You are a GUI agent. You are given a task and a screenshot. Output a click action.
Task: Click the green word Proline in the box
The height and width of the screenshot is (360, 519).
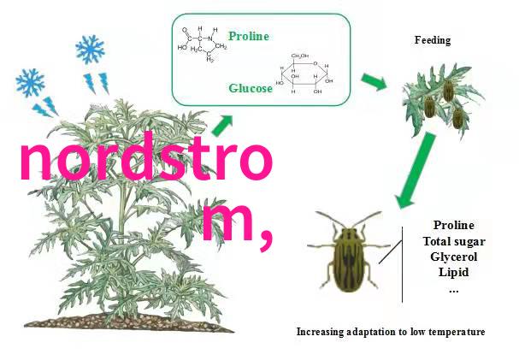pyautogui.click(x=249, y=36)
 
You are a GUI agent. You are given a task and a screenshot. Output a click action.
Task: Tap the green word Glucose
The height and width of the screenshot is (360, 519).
pyautogui.click(x=251, y=88)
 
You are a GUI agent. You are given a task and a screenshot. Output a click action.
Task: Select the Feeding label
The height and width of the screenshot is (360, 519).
pyautogui.click(x=433, y=40)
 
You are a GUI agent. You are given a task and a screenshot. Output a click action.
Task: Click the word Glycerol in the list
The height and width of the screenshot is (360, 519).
pyautogui.click(x=454, y=257)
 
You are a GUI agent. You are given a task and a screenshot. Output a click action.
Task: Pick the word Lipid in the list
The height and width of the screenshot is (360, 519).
pyautogui.click(x=454, y=272)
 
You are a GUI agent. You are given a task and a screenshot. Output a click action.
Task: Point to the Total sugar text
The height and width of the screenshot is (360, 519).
pyautogui.click(x=454, y=241)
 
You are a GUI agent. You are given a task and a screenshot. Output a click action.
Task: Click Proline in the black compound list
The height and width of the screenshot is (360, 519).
pyautogui.click(x=454, y=226)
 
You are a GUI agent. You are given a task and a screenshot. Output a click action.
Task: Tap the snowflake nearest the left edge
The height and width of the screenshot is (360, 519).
pyautogui.click(x=30, y=82)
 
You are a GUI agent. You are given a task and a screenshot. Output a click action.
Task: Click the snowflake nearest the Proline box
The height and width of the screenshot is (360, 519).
pyautogui.click(x=90, y=50)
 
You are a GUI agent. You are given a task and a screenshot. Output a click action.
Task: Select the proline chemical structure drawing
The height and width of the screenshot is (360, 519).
pyautogui.click(x=203, y=44)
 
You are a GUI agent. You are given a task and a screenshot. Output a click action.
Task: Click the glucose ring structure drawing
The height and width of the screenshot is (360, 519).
pyautogui.click(x=304, y=74)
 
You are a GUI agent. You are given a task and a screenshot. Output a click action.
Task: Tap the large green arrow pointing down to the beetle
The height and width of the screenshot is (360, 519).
pyautogui.click(x=416, y=170)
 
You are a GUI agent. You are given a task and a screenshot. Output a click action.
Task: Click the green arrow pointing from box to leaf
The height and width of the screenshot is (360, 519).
pyautogui.click(x=374, y=81)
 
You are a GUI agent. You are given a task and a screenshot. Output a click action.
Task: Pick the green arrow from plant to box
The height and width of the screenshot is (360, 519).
pyautogui.click(x=222, y=126)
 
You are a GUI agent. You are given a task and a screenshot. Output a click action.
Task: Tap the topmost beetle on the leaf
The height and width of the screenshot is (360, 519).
pyautogui.click(x=448, y=91)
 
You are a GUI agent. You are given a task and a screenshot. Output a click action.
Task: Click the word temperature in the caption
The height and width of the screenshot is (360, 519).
pyautogui.click(x=458, y=332)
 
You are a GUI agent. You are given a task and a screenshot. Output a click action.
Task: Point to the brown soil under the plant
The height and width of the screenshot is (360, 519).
pyautogui.click(x=129, y=322)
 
